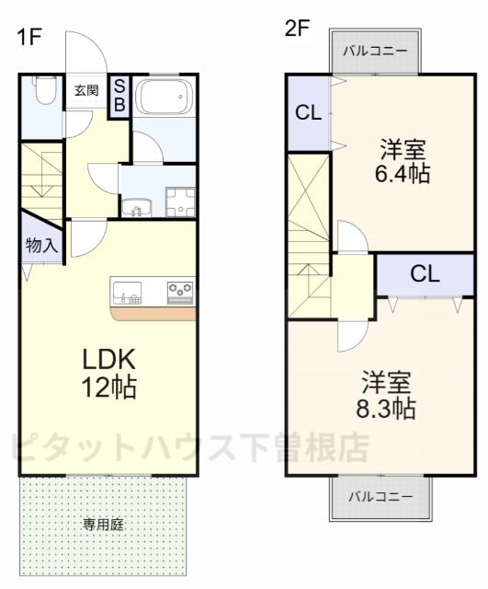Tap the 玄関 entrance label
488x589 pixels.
pos(86,90)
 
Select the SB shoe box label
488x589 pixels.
pos(119,96)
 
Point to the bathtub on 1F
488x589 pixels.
pos(164,98)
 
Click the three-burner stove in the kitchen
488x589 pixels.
pos(180,292)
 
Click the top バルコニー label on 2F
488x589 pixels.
pos(375,51)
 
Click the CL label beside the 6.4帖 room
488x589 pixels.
pos(308,114)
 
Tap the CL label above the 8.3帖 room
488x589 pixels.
pos(425,273)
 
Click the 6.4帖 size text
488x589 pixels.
pos(403,173)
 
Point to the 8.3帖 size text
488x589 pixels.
pos(386,408)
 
